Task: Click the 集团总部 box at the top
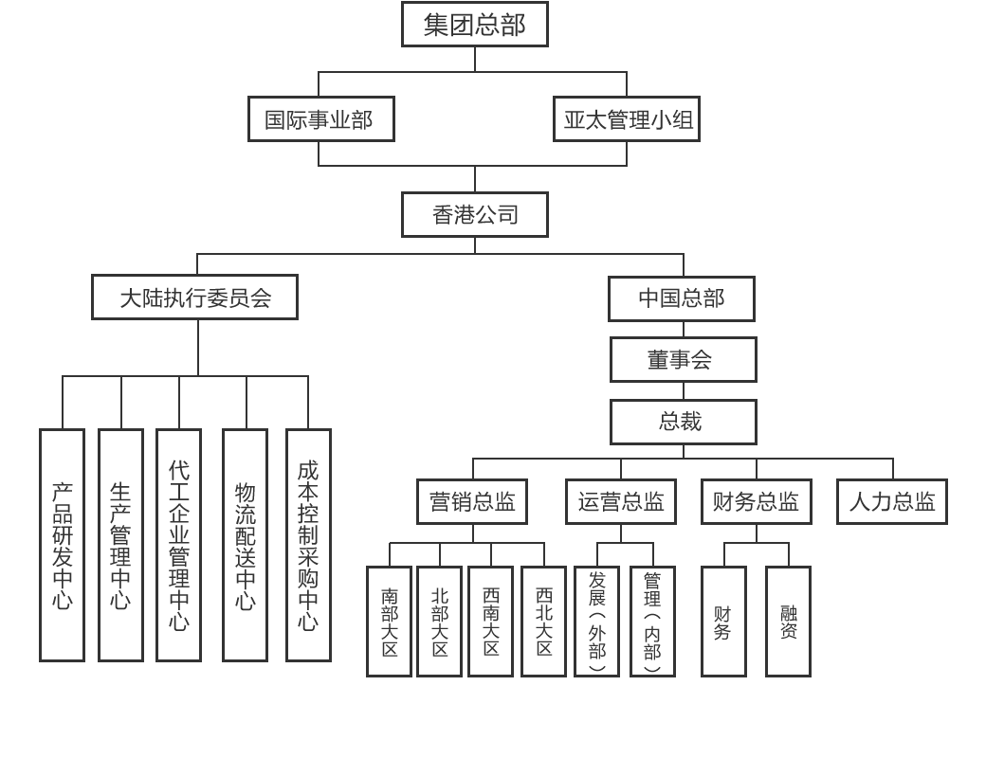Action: click(x=474, y=24)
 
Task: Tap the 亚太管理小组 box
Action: click(x=626, y=119)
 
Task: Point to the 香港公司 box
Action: click(x=474, y=215)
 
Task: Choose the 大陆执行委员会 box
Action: click(x=194, y=298)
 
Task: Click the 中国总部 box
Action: click(x=681, y=298)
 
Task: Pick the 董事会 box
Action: click(x=683, y=359)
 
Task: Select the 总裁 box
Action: click(x=683, y=422)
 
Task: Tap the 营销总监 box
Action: click(x=471, y=501)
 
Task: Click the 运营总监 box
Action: click(x=621, y=501)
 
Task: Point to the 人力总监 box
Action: click(x=891, y=501)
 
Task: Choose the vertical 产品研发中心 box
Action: click(x=62, y=545)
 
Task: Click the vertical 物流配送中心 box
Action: click(x=245, y=545)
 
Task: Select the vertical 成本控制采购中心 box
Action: click(x=308, y=545)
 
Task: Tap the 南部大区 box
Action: click(x=389, y=622)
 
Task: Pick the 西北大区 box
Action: click(x=543, y=622)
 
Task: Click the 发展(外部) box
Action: click(x=596, y=622)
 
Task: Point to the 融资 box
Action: click(x=788, y=622)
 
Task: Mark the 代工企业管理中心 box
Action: click(x=178, y=545)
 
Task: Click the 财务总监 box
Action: click(x=756, y=501)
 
